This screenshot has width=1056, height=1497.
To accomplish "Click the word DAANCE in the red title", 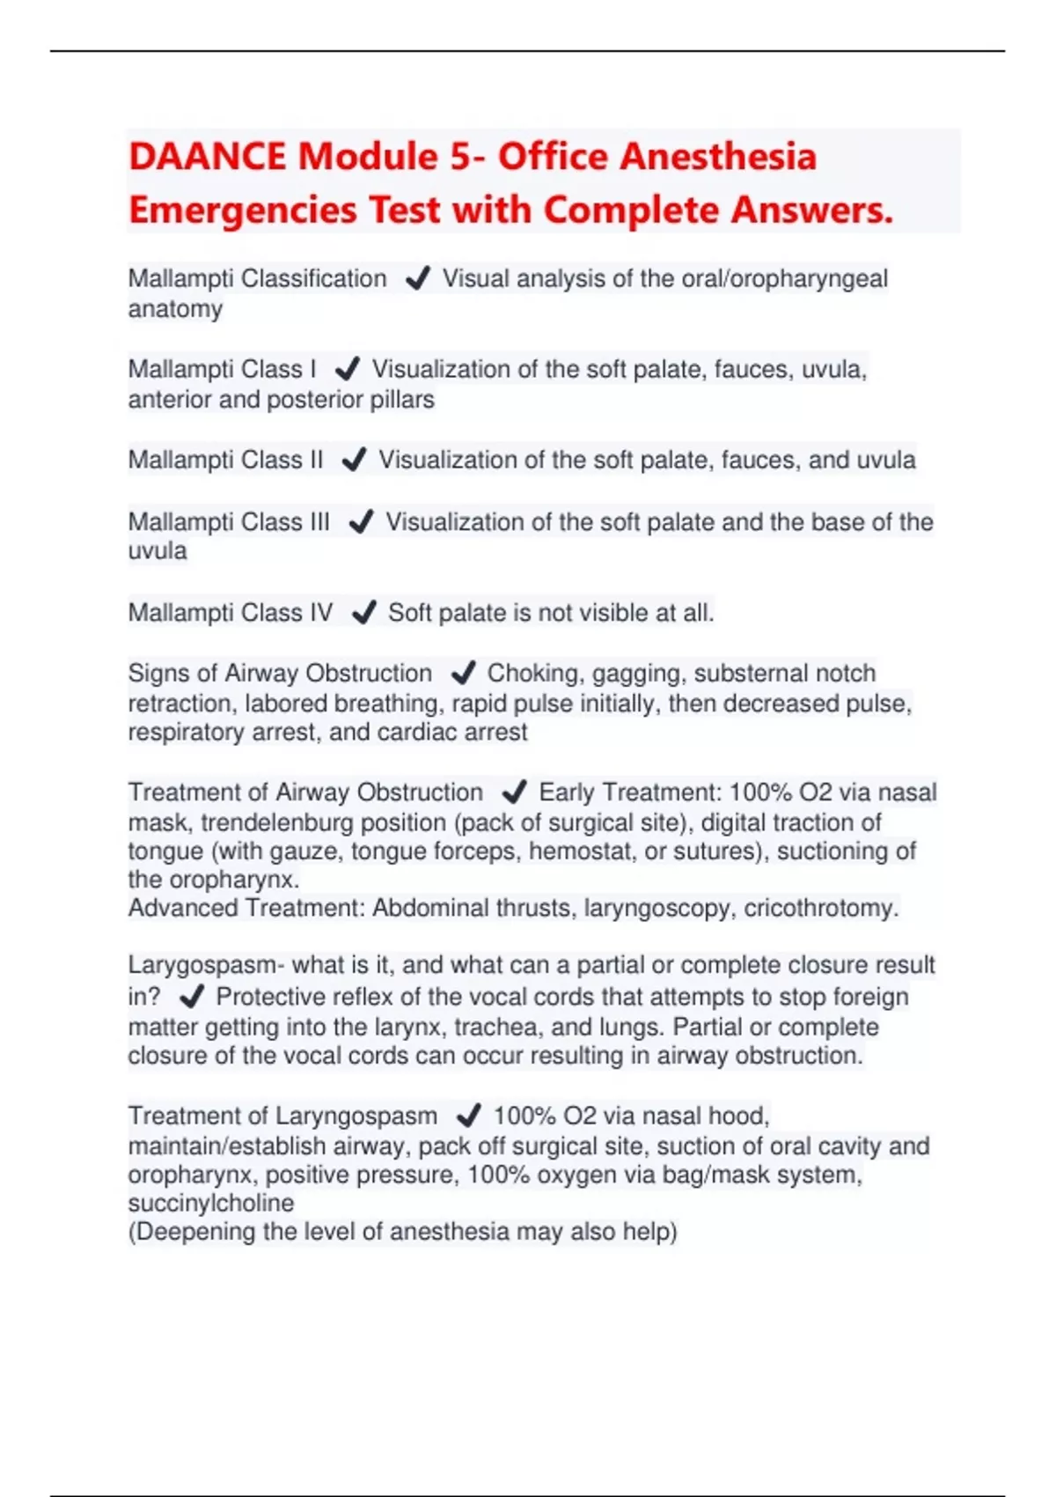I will coord(207,157).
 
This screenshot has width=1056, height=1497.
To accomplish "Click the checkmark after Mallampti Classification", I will coord(417,279).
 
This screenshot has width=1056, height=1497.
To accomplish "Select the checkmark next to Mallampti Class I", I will coord(347,369).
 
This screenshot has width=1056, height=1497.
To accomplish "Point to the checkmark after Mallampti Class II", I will coord(353,460).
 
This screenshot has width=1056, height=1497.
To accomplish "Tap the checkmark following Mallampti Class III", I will coord(361,522).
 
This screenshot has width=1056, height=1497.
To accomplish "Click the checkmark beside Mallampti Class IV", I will coord(363,613).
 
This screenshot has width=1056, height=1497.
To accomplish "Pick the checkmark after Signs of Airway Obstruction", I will coord(462,674).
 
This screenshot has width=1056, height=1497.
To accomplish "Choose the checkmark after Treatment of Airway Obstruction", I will coord(513,793).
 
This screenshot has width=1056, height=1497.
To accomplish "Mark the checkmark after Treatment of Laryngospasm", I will coord(468,1117).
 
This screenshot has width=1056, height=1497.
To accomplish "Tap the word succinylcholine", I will coord(211,1203).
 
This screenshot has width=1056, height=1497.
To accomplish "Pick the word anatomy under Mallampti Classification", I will coord(175,309).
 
